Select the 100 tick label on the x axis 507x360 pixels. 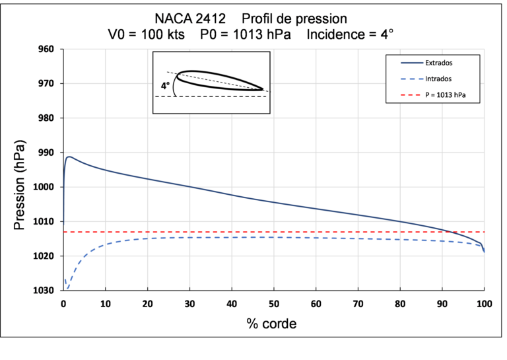(x=484, y=304)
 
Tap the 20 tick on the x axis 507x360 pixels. (x=147, y=304)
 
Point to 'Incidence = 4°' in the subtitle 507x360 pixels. (x=351, y=33)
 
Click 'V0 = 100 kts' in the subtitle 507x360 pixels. (x=146, y=33)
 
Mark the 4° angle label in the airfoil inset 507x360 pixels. (x=165, y=86)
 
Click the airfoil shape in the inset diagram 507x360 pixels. (x=218, y=79)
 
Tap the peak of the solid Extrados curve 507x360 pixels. (x=69, y=157)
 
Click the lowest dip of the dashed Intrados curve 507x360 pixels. (x=67, y=288)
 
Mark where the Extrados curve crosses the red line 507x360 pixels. (x=448, y=232)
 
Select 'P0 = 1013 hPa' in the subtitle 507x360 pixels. (x=246, y=33)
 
